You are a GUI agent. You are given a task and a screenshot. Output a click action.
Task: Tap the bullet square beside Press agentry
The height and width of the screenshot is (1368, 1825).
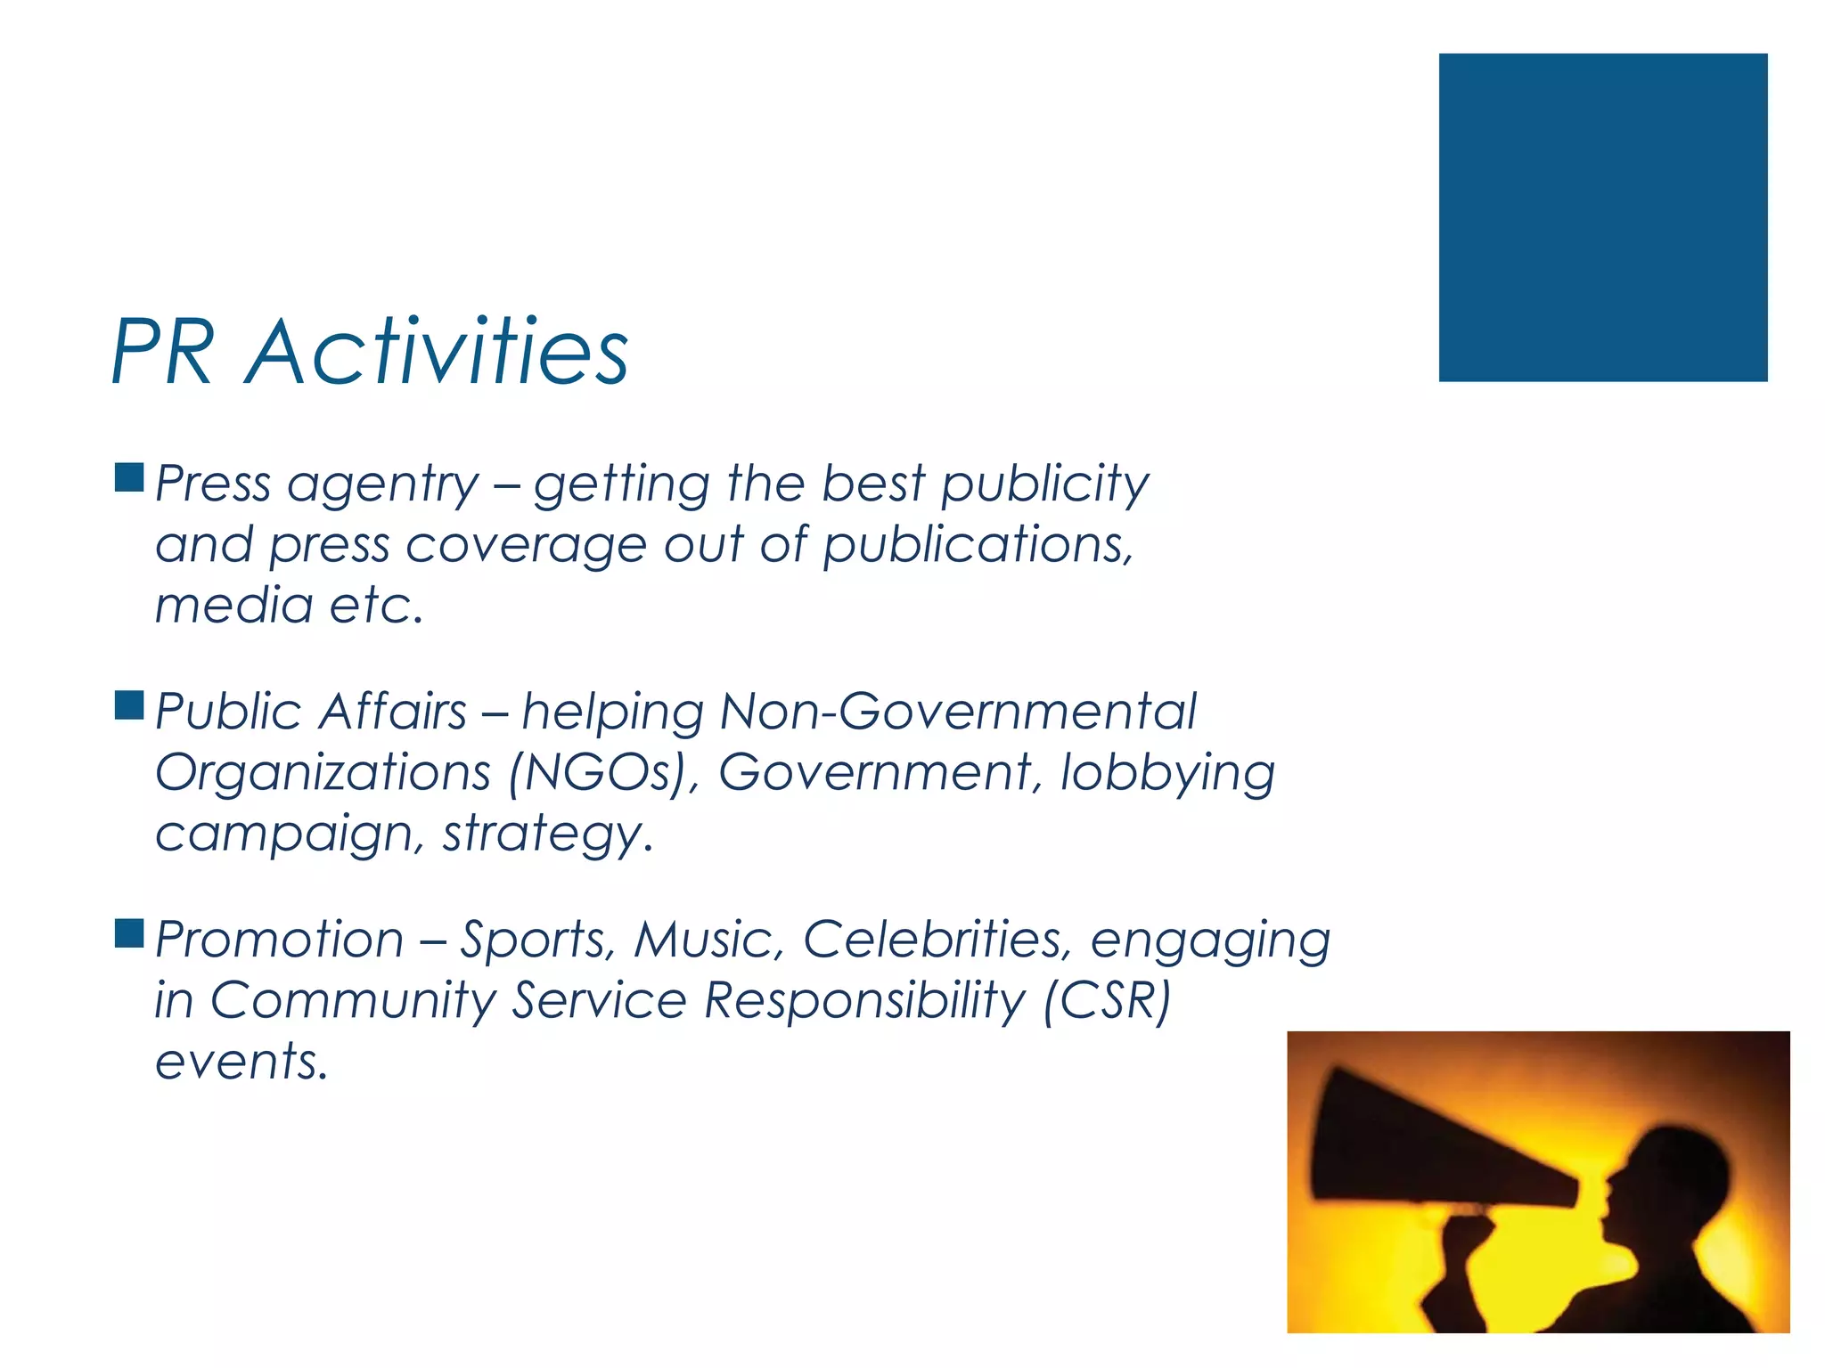(129, 478)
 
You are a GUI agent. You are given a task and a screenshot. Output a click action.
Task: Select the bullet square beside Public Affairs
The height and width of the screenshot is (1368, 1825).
(129, 705)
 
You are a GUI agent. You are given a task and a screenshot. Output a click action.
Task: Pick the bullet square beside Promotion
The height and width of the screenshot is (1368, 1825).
(129, 933)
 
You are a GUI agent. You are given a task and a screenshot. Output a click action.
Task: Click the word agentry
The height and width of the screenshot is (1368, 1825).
(383, 485)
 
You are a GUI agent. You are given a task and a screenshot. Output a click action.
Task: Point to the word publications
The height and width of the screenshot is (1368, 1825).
(977, 544)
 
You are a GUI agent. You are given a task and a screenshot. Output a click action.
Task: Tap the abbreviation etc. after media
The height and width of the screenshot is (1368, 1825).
(376, 606)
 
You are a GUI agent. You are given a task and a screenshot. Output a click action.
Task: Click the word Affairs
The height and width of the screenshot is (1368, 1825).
(393, 712)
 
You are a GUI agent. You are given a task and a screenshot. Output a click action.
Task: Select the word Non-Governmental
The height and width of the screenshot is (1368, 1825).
(958, 712)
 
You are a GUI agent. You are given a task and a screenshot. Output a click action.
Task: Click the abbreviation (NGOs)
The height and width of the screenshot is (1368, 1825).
(603, 772)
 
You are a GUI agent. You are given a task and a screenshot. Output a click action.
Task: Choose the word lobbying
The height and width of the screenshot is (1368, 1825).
(1167, 772)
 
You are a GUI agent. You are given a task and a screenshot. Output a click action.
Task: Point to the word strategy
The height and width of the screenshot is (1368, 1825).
(547, 835)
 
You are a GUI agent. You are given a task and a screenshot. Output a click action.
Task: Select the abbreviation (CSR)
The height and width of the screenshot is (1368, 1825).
(1107, 1000)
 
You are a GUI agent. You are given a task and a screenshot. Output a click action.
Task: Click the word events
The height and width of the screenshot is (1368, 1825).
(241, 1061)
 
